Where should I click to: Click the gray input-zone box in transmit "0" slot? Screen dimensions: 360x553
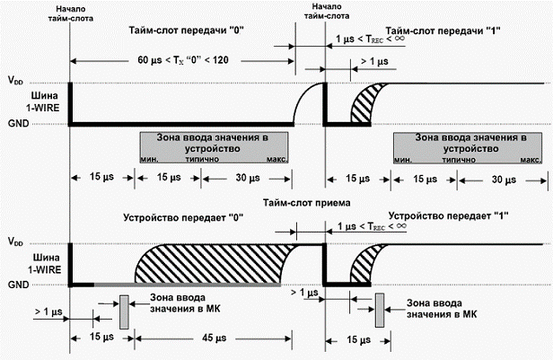coord(214,145)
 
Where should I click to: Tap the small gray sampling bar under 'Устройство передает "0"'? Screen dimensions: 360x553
coord(124,311)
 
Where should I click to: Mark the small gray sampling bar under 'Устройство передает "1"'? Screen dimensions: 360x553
coord(380,310)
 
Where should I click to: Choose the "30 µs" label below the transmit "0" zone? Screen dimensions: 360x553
coord(248,180)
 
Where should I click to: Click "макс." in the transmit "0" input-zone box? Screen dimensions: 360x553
coord(276,159)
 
